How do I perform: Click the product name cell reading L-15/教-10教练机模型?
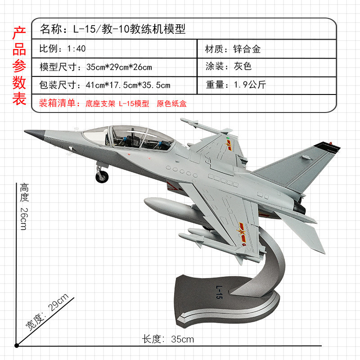[x=112, y=29]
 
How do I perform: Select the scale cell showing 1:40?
[x=63, y=49]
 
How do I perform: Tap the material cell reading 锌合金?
[x=233, y=49]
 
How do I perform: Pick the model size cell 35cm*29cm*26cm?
[x=96, y=67]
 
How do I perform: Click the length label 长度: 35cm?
[x=168, y=339]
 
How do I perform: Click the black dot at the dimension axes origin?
[x=17, y=346]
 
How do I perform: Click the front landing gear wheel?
[x=102, y=176]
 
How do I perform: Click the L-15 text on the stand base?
[x=218, y=291]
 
